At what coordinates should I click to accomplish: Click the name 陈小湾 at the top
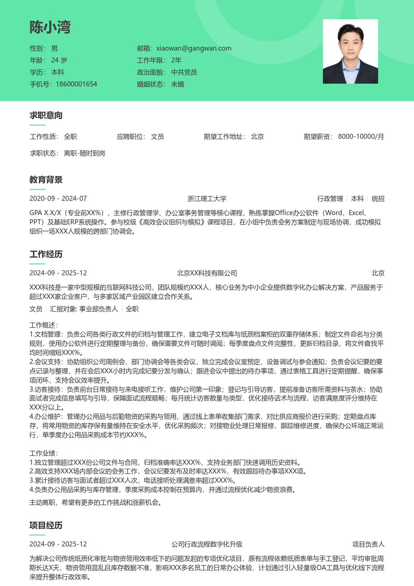click(x=50, y=28)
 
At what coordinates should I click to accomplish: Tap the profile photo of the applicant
click(x=350, y=51)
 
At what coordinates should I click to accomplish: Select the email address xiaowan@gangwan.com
click(x=194, y=48)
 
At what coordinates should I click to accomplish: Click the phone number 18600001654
click(x=76, y=84)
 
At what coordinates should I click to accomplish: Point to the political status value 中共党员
click(x=184, y=72)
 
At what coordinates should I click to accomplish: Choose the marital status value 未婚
click(x=178, y=84)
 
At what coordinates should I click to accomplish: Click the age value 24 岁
click(x=59, y=60)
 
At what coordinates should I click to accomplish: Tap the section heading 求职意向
click(x=46, y=115)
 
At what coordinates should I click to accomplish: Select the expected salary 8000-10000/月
click(x=361, y=137)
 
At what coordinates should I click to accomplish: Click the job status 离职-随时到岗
click(x=85, y=153)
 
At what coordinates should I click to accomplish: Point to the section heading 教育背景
click(x=46, y=180)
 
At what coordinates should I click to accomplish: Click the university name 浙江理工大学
click(x=207, y=199)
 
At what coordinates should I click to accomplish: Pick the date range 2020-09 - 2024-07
click(x=58, y=199)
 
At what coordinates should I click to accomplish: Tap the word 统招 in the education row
click(x=378, y=199)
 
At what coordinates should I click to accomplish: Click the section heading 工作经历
click(x=46, y=254)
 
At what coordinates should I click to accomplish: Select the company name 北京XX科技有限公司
click(x=207, y=273)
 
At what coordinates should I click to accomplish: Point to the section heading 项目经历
click(x=46, y=525)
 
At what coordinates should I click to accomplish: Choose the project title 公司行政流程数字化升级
click(x=207, y=544)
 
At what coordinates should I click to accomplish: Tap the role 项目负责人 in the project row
click(x=368, y=544)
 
